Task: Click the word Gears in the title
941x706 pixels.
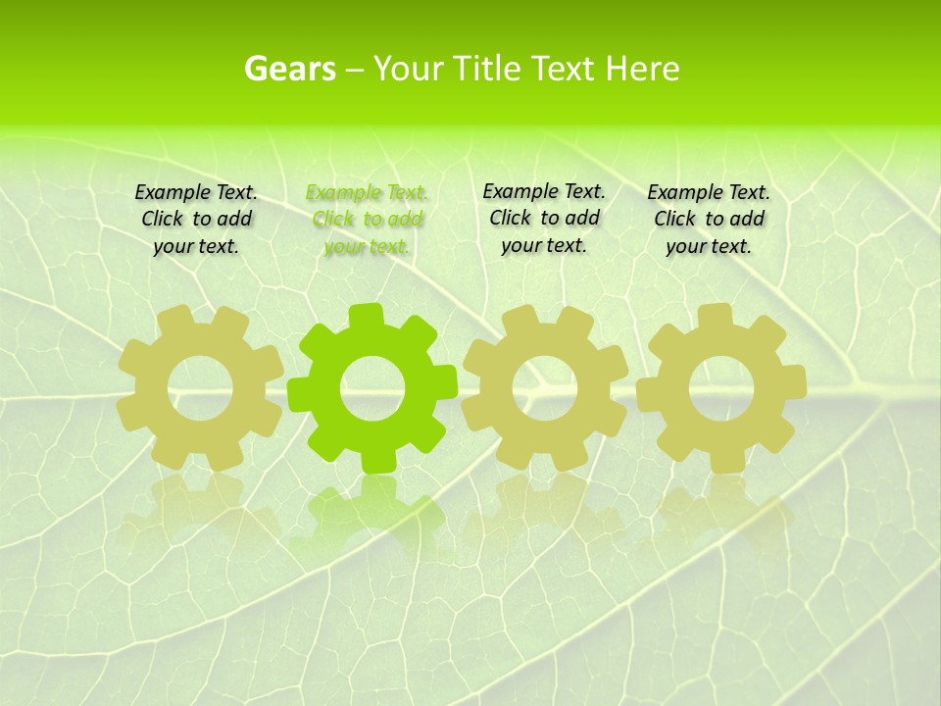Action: pos(289,70)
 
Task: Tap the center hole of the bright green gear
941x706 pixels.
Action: pos(372,388)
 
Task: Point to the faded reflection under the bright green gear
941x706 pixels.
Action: pos(371,510)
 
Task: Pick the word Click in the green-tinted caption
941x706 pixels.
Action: pos(333,220)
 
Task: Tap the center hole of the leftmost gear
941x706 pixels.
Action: pos(200,389)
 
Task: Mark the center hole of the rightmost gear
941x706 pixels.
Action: pos(720,388)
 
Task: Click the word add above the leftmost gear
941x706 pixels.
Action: pos(233,220)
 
